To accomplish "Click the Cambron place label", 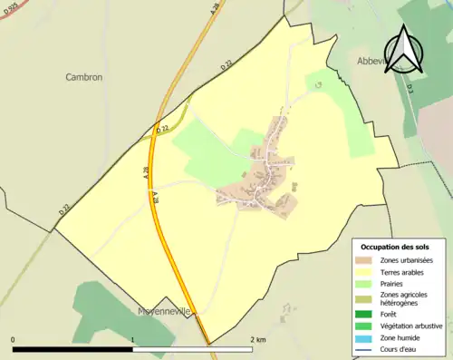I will pyautogui.click(x=83, y=78).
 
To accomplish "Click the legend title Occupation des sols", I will pyautogui.click(x=395, y=247).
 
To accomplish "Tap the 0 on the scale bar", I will pyautogui.click(x=14, y=340).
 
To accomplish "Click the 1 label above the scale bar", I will pyautogui.click(x=134, y=340).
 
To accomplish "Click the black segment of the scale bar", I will pyautogui.click(x=73, y=349).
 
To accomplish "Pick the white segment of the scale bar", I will pyautogui.click(x=194, y=349).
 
